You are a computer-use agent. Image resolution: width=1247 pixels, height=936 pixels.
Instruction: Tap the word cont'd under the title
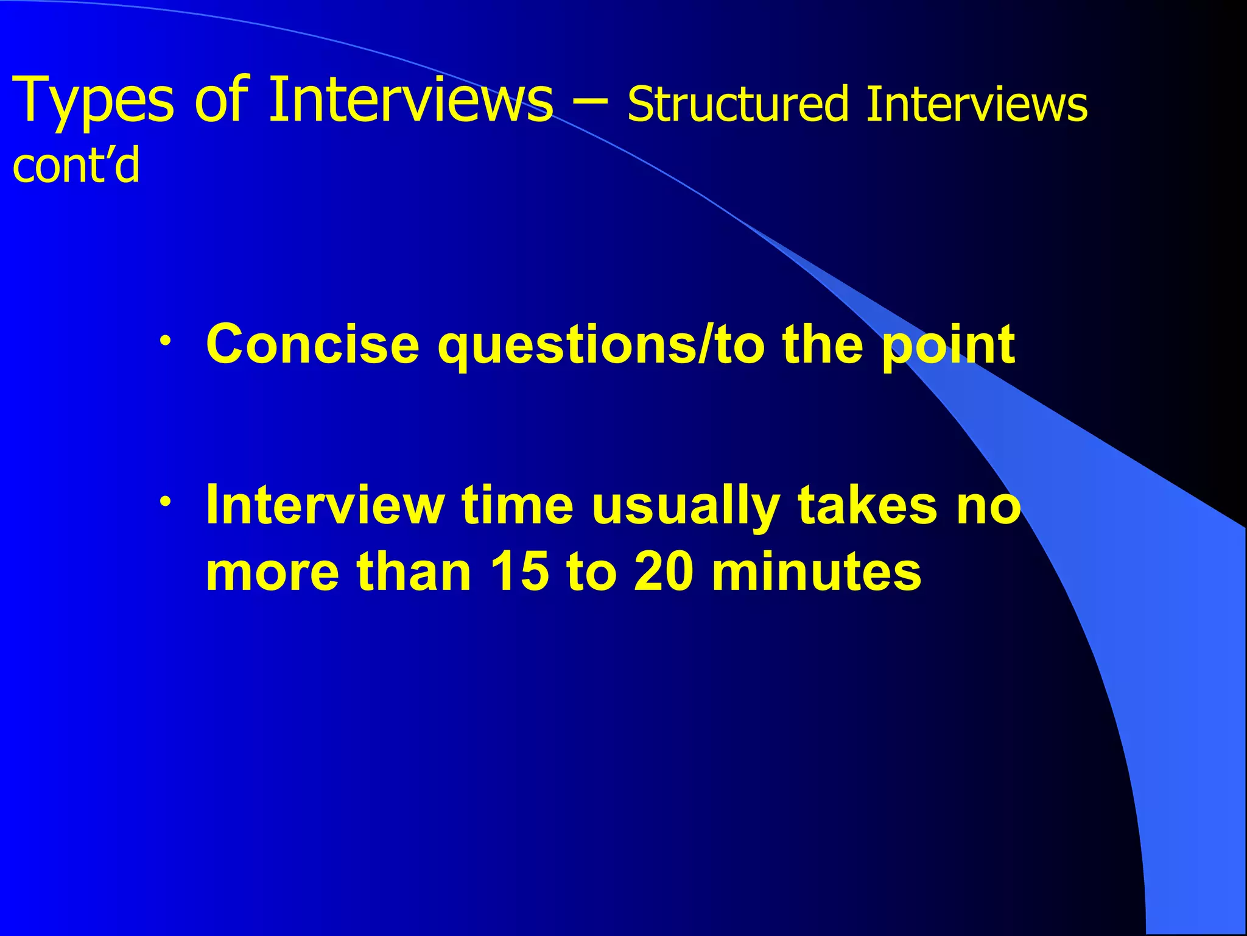(x=76, y=166)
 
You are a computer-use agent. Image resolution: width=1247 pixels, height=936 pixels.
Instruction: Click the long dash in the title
(x=590, y=101)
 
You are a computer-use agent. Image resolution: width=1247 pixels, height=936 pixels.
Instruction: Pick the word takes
(x=868, y=505)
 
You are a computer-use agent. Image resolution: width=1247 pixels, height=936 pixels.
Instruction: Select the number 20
(x=664, y=571)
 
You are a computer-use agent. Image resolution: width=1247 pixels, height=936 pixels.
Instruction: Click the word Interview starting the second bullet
(x=325, y=505)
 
